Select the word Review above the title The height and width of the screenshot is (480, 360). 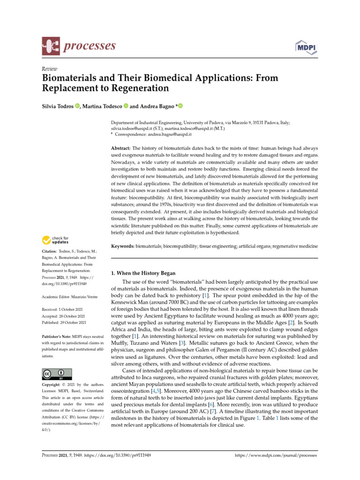click(49, 68)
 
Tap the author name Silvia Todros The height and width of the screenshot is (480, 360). click(58, 106)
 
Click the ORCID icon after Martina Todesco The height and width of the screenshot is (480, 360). click(126, 106)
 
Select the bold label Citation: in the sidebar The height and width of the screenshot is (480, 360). click(52, 251)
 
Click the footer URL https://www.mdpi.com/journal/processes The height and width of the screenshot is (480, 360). click(275, 455)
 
